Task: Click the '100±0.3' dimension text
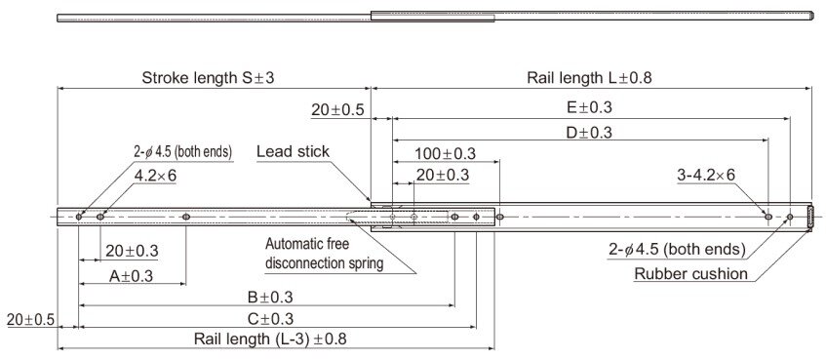click(x=445, y=153)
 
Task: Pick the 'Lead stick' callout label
click(x=293, y=151)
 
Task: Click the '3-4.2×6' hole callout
click(x=706, y=175)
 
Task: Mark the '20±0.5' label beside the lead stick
click(x=337, y=110)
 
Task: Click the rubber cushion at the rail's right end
click(x=811, y=216)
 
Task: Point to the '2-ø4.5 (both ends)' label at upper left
click(x=182, y=152)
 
